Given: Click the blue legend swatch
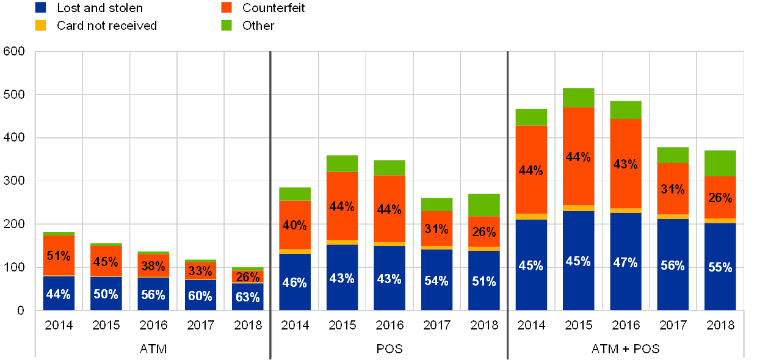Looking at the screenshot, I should pos(41,8).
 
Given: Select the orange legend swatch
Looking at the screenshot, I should pos(227,8).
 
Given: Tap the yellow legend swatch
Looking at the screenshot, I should pos(41,26).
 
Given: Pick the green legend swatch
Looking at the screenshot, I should pos(227,26).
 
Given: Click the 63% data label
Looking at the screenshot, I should pos(247,297).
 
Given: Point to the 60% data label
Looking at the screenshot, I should pos(200,296).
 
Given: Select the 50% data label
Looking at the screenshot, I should pos(106,294).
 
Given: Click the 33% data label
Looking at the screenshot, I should pos(200,270).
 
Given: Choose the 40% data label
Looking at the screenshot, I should pos(294,225).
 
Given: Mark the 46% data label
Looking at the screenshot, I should pos(294,282).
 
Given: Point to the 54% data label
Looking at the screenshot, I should pos(436,281).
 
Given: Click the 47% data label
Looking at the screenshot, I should pos(625,262).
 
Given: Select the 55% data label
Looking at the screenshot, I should pos(720,267).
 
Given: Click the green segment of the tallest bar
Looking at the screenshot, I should pos(578,98).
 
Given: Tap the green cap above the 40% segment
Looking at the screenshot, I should pos(294,194).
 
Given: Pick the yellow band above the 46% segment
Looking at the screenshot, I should pos(294,251).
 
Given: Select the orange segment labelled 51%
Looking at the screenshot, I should pos(59,256).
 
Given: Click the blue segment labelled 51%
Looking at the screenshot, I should pos(484,281).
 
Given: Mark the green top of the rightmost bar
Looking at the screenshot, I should pos(720,164).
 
